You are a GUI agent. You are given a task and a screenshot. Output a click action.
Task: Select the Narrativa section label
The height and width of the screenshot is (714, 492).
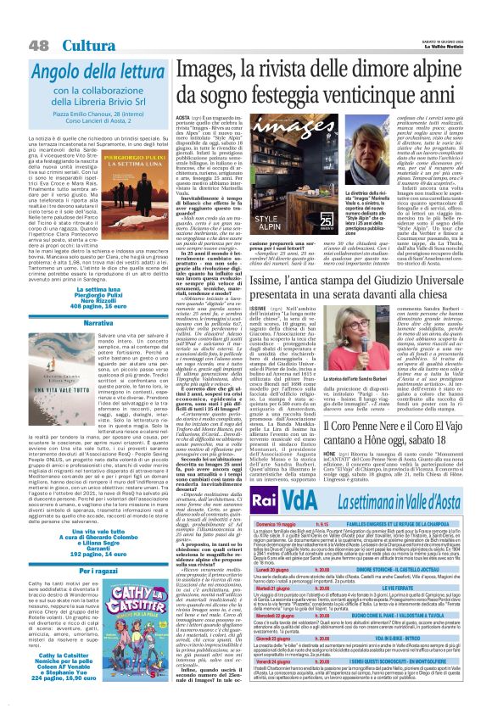95,324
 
